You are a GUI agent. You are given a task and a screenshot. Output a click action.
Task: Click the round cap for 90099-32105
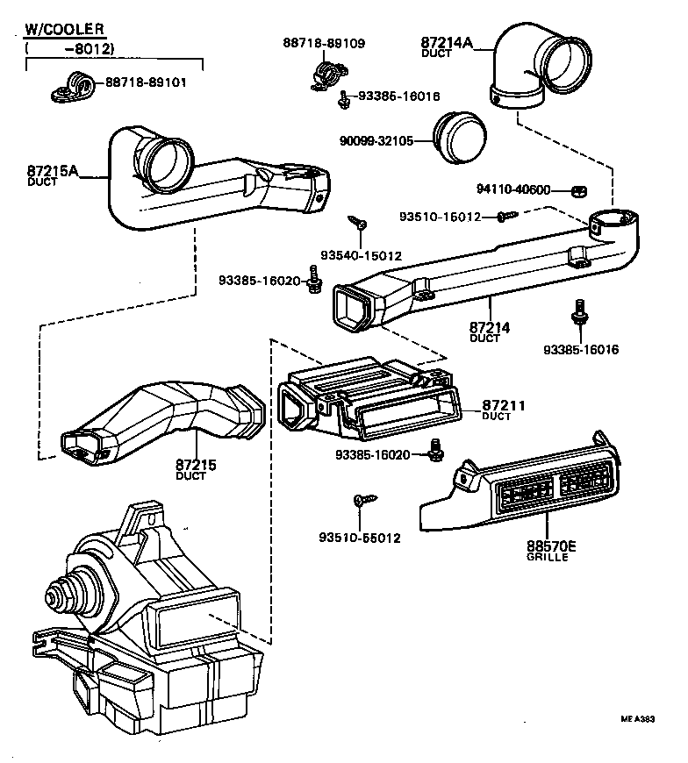pyautogui.click(x=465, y=138)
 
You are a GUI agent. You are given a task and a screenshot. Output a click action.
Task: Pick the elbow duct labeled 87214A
pyautogui.click(x=535, y=67)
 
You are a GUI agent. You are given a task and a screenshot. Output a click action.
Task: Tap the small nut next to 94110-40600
pyautogui.click(x=577, y=190)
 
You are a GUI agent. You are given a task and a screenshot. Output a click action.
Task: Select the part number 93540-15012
pyautogui.click(x=361, y=255)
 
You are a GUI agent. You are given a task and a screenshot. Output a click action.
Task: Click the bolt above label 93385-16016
pyautogui.click(x=579, y=311)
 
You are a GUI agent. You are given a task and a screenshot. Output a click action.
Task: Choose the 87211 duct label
pyautogui.click(x=503, y=405)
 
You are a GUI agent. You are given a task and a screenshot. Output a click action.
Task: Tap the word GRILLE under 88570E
pyautogui.click(x=547, y=558)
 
